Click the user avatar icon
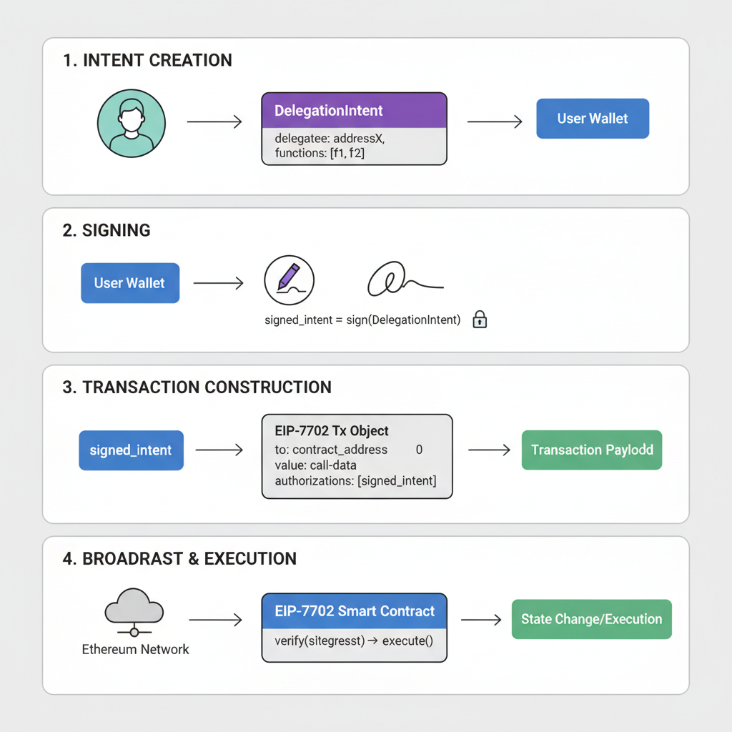[x=131, y=122]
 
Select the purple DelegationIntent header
[x=354, y=111]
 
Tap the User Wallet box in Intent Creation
[x=592, y=119]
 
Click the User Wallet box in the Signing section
[x=129, y=283]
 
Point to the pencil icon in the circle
[x=289, y=280]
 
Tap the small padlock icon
[x=480, y=320]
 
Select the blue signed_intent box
[x=131, y=450]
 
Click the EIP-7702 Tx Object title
[x=332, y=431]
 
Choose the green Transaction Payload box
[x=592, y=450]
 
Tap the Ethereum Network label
[x=135, y=649]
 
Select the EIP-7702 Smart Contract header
[x=354, y=611]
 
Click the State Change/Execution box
[x=591, y=619]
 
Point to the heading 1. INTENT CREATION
[x=147, y=61]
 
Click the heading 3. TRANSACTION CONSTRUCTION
[x=197, y=387]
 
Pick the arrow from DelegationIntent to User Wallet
[x=494, y=122]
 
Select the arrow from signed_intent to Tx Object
[x=219, y=450]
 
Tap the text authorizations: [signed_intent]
[x=355, y=481]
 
